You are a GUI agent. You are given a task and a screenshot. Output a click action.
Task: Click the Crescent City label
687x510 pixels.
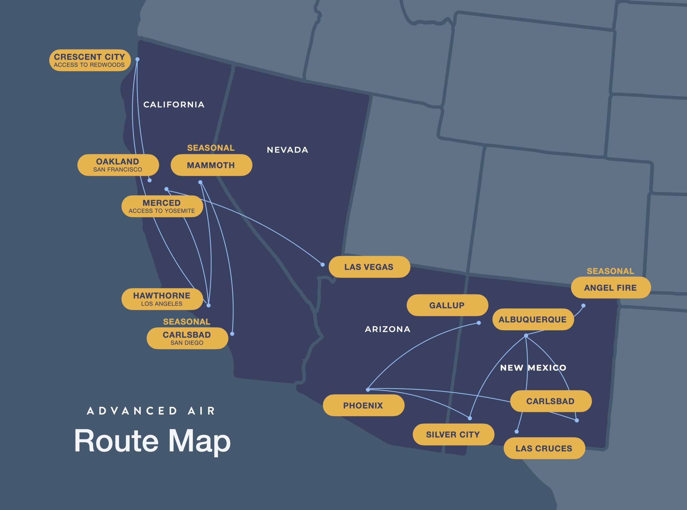click(90, 60)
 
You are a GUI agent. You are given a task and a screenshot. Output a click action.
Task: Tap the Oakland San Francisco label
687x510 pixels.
click(118, 165)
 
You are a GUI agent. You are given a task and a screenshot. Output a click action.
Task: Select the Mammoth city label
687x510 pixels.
click(211, 165)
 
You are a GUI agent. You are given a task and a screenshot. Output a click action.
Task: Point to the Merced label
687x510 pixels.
click(162, 206)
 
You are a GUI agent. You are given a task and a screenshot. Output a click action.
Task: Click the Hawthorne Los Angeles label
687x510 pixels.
click(162, 299)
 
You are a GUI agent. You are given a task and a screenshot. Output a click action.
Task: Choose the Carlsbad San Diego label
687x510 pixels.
click(187, 338)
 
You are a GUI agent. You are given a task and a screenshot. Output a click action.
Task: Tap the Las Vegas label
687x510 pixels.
click(369, 267)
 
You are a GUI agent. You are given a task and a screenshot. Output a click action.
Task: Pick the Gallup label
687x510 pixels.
click(447, 305)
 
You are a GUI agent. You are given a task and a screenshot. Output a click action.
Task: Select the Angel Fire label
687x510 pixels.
click(611, 287)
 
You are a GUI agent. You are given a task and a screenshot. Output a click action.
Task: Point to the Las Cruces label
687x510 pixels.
click(544, 448)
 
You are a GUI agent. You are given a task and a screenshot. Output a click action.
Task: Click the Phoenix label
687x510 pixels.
click(363, 405)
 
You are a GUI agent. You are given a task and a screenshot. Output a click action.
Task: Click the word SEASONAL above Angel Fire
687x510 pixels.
click(611, 271)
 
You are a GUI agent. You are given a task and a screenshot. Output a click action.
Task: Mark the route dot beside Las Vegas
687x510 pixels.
click(323, 265)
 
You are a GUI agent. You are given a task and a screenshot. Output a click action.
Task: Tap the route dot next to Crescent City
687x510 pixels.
click(137, 59)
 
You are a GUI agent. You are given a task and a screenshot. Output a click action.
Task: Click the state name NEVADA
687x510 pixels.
click(287, 150)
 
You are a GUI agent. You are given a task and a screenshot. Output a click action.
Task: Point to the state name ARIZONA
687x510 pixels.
click(388, 329)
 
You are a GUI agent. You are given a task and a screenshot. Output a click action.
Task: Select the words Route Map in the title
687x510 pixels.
click(152, 441)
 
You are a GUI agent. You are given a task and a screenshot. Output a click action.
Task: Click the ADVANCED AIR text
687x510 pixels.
click(151, 411)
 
